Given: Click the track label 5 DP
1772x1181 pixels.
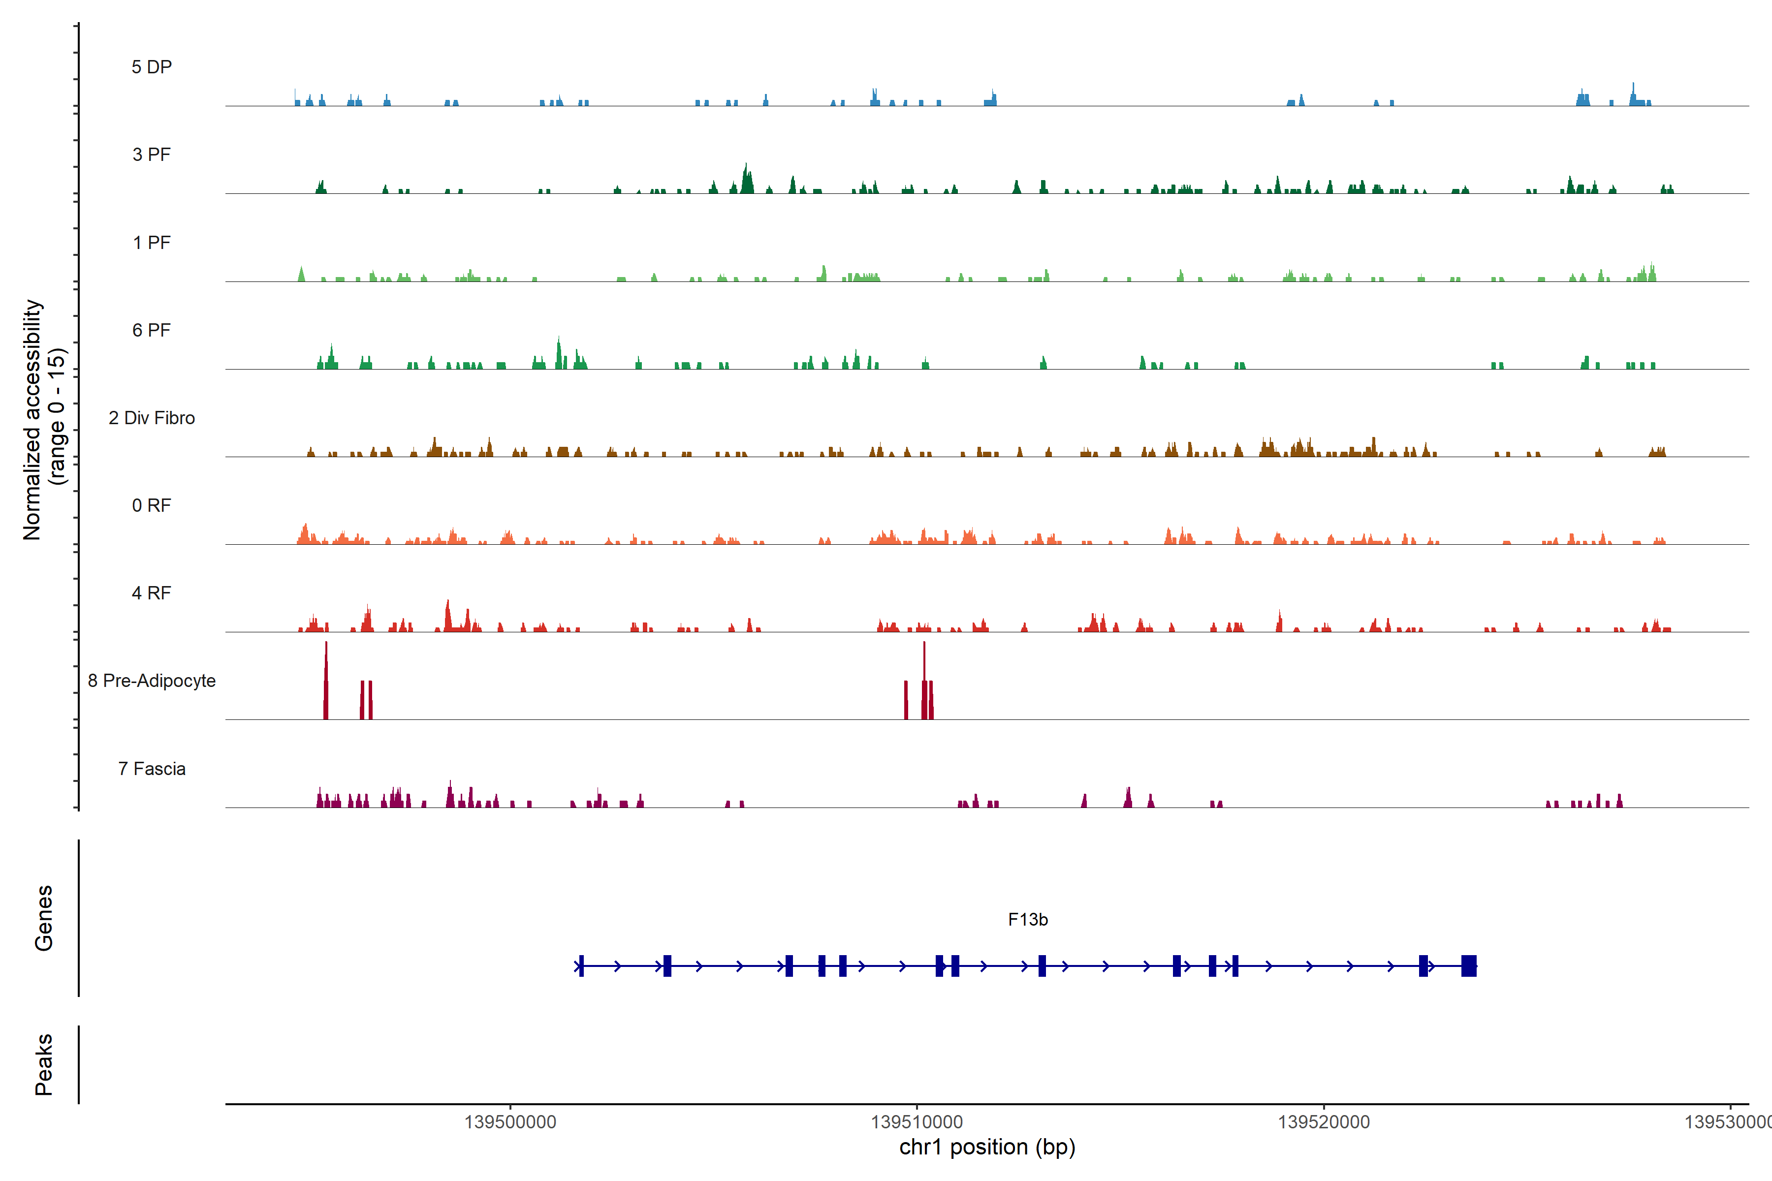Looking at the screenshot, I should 152,67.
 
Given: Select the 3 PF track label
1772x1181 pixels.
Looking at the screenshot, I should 152,155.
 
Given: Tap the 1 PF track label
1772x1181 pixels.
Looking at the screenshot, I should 152,243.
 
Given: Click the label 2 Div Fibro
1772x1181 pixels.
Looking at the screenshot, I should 152,418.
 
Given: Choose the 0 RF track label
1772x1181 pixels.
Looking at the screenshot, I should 152,505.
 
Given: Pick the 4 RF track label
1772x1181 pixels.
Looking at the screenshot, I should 152,593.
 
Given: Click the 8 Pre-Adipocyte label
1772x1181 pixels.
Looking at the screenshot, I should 152,681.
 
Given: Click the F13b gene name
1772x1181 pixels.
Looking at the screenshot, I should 1028,920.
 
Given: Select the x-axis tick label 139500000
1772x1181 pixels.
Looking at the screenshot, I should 510,1122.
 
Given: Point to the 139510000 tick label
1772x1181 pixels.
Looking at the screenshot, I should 917,1122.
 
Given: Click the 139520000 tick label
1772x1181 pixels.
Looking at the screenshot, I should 1324,1122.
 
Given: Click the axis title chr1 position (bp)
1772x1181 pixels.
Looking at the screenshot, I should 987,1147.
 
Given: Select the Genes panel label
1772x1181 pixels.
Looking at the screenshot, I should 44,918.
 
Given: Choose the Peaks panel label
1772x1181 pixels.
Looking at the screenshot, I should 44,1064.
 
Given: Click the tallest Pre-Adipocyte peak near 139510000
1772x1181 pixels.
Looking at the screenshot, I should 924,678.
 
